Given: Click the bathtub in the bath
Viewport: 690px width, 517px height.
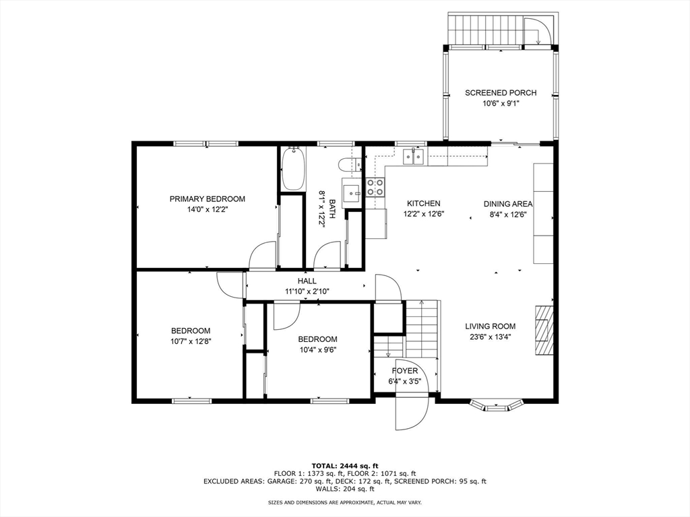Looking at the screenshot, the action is click(292, 169).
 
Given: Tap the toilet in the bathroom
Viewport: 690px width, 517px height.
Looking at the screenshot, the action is click(350, 164).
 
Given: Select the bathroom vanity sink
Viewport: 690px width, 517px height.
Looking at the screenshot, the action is click(352, 193).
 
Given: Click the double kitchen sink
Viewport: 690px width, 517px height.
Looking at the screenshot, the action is click(414, 156).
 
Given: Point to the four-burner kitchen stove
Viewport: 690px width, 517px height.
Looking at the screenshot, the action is click(375, 187).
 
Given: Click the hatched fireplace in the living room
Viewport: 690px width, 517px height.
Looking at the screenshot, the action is click(544, 330).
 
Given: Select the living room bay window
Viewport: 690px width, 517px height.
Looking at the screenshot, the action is click(496, 405).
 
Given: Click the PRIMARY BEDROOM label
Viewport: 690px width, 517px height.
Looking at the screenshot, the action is click(208, 199).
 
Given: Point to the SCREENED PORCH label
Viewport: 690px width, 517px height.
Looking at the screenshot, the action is click(501, 93).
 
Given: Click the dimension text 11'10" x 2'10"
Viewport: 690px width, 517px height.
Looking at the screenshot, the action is click(307, 291).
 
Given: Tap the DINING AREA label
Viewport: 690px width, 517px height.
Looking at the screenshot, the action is click(508, 204).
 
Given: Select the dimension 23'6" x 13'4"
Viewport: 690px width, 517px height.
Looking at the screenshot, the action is click(491, 337).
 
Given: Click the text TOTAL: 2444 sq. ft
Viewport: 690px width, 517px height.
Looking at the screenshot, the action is click(345, 466).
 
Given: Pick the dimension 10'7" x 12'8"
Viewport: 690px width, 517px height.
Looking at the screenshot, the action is click(191, 341).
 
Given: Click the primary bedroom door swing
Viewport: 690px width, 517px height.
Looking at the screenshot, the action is click(262, 255).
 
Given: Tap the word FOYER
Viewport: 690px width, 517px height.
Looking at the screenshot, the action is click(405, 371).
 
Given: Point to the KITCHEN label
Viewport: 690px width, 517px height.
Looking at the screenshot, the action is click(423, 203).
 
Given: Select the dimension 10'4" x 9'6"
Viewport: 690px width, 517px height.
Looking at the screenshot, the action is click(317, 349).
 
